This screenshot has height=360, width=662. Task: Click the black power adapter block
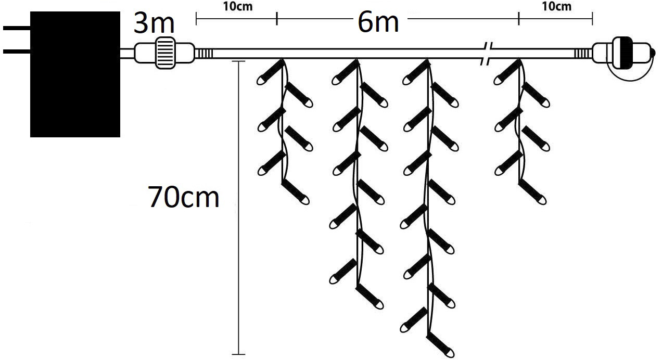(75, 74)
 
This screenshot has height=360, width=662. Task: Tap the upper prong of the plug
(17, 28)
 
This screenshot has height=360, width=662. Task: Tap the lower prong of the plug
(17, 52)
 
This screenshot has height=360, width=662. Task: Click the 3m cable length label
(154, 23)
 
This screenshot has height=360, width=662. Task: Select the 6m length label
(378, 22)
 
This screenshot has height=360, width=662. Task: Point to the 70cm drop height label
(184, 197)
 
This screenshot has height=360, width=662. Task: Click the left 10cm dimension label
(238, 6)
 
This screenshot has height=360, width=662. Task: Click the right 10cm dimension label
(556, 6)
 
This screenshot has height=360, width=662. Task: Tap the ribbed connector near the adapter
(164, 53)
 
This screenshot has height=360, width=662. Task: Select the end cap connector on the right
(623, 53)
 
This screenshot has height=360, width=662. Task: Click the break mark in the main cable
(486, 54)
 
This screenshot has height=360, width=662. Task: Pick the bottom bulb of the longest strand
(441, 346)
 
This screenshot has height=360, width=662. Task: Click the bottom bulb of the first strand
(296, 192)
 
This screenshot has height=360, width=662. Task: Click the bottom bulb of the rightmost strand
(532, 192)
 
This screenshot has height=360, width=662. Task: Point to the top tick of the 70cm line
(238, 61)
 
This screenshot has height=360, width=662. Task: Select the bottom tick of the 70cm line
(238, 354)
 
